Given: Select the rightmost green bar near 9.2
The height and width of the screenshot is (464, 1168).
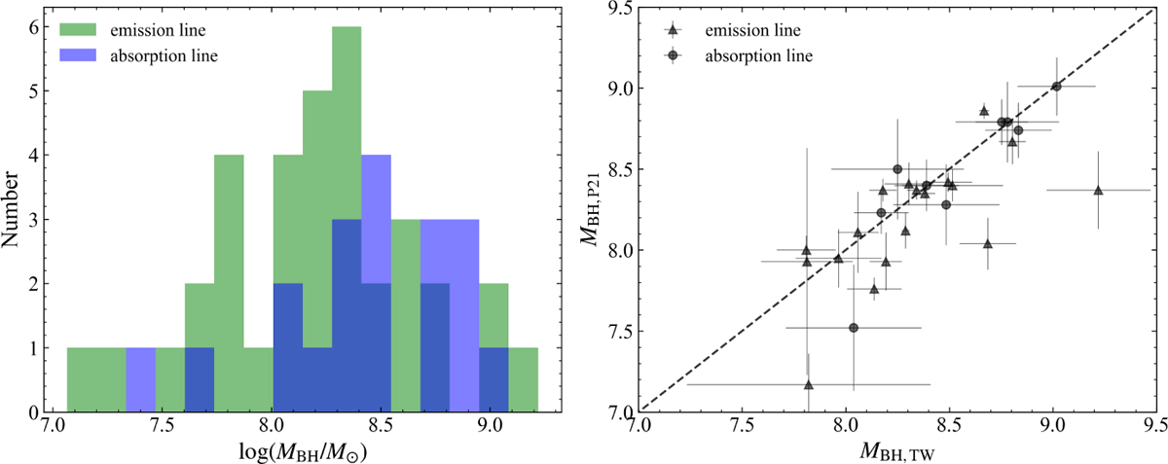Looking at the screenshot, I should click(x=523, y=379).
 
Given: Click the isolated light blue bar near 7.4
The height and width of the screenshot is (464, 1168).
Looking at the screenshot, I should click(x=141, y=379).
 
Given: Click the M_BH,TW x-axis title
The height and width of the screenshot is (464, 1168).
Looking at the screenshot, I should click(x=896, y=450).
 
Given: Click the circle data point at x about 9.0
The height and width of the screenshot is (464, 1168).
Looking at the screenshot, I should click(x=1056, y=87).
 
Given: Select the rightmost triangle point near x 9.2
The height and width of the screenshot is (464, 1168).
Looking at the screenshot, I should click(x=1098, y=191).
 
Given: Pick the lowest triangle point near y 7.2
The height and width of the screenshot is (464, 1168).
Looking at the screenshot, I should click(x=808, y=384).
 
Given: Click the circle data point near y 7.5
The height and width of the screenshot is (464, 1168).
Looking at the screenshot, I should click(x=854, y=328).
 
